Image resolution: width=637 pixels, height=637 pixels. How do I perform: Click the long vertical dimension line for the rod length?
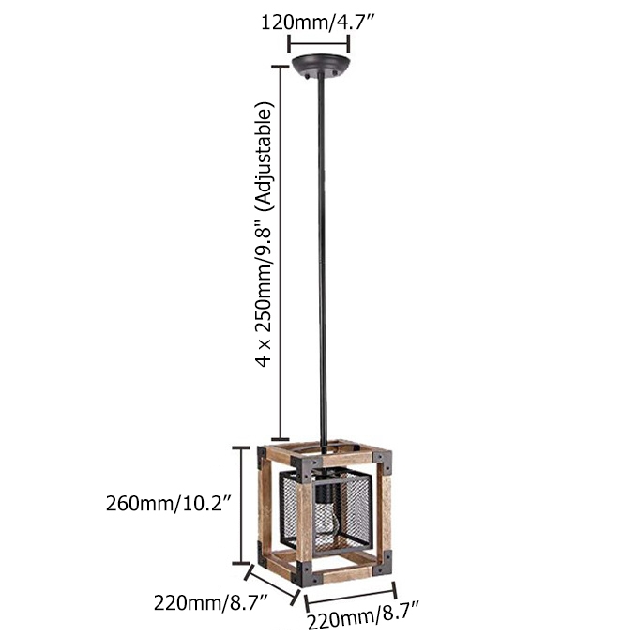(x=278, y=253)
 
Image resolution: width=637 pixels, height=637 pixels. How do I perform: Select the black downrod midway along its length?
(x=322, y=253)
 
